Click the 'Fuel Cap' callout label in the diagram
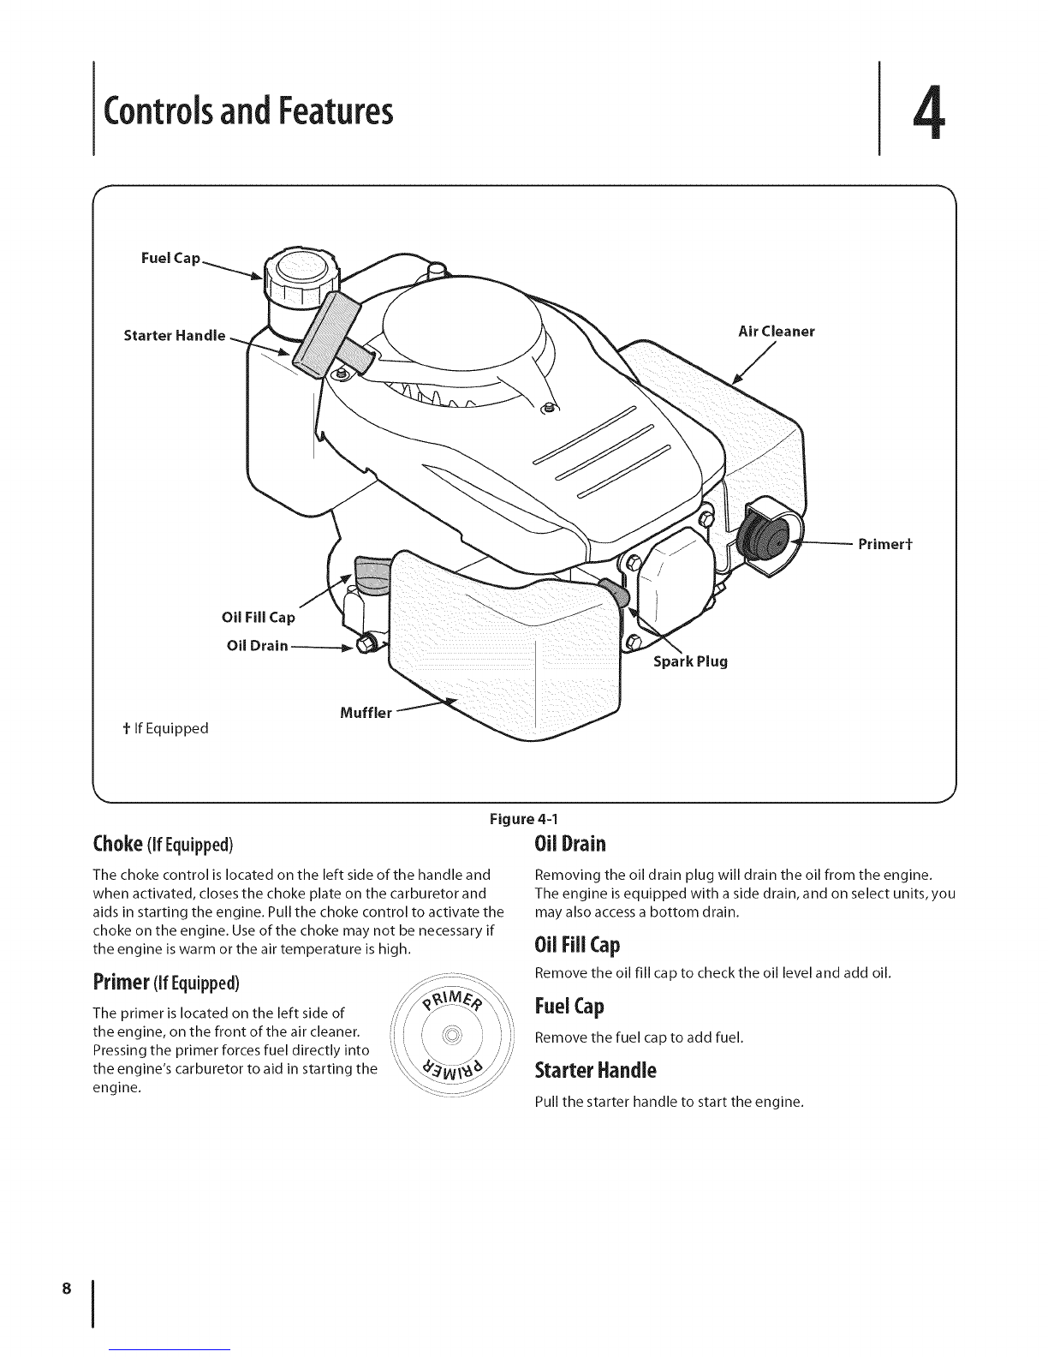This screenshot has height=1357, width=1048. click(171, 258)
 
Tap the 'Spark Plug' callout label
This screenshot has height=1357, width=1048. click(690, 661)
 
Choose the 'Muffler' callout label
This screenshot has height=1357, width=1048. click(366, 712)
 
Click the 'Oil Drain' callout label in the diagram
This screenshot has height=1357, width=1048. click(256, 644)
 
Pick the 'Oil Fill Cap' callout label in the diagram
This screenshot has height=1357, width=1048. click(258, 618)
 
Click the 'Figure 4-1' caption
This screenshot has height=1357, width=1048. click(523, 818)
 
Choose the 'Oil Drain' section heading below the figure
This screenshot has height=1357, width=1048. click(570, 844)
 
